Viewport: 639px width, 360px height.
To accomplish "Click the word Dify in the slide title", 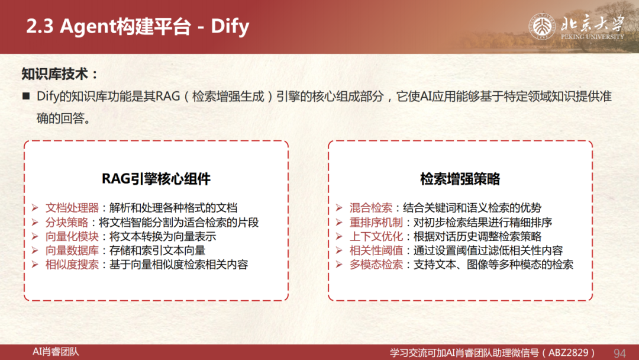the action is (230, 27).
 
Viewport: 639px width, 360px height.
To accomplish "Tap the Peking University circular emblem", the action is (542, 27).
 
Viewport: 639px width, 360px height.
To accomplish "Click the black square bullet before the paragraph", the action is (26, 97).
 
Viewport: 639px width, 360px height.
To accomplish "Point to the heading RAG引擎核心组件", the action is (156, 179).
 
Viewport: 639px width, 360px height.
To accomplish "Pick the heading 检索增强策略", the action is (460, 179).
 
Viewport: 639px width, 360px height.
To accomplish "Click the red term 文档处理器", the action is (72, 208).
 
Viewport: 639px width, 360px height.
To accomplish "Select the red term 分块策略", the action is (67, 222).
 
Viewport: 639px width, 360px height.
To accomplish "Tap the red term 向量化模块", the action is (72, 236).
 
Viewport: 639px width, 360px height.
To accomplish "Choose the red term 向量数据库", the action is (72, 250).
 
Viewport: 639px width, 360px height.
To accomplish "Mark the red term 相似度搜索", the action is (72, 265).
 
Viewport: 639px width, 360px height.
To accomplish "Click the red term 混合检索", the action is (371, 208).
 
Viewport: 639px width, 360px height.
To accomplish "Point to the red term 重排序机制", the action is (376, 222).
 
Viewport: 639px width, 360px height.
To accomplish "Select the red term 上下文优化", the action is (376, 236).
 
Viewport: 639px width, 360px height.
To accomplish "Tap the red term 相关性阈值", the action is (376, 250).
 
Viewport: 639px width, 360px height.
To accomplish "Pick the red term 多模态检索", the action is (376, 265).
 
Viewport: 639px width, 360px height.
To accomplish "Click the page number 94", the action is (619, 353).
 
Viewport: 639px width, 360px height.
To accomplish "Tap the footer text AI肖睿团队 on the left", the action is (56, 352).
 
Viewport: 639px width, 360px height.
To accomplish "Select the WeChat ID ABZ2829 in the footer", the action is (569, 353).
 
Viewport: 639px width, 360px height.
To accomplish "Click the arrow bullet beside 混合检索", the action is (339, 208).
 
